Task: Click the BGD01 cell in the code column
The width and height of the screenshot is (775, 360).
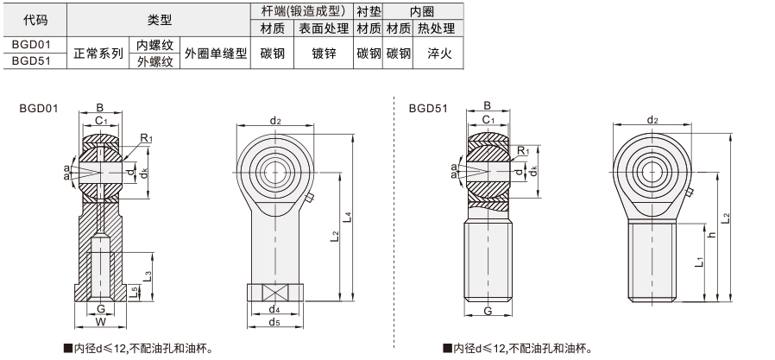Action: click(x=31, y=44)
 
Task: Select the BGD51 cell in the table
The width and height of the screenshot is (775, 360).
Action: click(x=31, y=60)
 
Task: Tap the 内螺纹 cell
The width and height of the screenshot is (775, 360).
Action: click(x=154, y=45)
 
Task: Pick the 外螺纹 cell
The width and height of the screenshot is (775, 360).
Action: click(x=154, y=61)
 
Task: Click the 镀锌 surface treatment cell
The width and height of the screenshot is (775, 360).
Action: click(x=324, y=53)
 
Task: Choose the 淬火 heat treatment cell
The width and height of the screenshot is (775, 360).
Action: click(x=439, y=53)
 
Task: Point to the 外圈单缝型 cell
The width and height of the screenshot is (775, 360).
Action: click(x=216, y=53)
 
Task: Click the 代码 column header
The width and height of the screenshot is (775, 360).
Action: click(x=35, y=20)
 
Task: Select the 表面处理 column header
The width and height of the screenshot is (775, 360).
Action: click(x=324, y=28)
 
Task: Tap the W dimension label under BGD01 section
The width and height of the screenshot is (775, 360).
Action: click(x=101, y=322)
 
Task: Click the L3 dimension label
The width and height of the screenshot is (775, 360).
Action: click(x=148, y=275)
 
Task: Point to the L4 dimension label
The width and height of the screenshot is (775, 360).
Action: click(x=349, y=217)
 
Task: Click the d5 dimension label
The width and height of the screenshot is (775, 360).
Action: click(x=274, y=323)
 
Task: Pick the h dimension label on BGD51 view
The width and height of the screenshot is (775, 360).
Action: click(x=712, y=234)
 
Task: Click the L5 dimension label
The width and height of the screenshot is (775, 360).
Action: click(x=134, y=293)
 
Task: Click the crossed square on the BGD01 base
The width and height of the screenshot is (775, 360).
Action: click(x=274, y=293)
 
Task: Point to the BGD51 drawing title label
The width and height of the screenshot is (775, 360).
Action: click(x=428, y=108)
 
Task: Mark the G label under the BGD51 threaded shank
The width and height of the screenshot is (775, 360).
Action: click(x=488, y=311)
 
